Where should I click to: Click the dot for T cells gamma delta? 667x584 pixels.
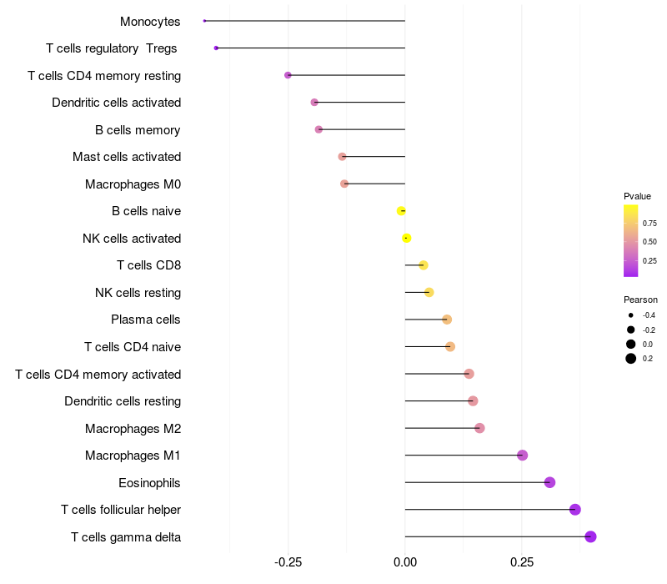point(590,536)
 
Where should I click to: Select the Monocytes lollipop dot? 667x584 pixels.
point(204,21)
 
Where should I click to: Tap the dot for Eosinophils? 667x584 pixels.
point(549,482)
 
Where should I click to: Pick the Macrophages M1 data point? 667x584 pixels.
point(522,456)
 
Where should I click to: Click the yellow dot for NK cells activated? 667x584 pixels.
point(407,238)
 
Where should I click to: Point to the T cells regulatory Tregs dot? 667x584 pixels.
point(216,48)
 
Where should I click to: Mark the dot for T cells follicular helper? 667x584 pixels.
point(574,510)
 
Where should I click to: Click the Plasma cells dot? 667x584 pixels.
point(447,320)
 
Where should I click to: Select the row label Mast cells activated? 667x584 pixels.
point(127,157)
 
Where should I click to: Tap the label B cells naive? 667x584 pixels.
point(146,211)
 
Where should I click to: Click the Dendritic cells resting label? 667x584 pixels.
point(123,401)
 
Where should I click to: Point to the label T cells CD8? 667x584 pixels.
point(148,265)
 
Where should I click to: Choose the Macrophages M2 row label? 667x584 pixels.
point(133,429)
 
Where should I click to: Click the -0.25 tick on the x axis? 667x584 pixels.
point(288,563)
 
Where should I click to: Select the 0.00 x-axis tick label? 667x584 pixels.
point(405,563)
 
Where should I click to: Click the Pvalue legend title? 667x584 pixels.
point(637,196)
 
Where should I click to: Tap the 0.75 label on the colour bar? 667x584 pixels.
point(649,223)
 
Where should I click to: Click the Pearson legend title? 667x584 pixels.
point(640,300)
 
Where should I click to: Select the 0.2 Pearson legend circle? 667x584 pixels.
point(631,359)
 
